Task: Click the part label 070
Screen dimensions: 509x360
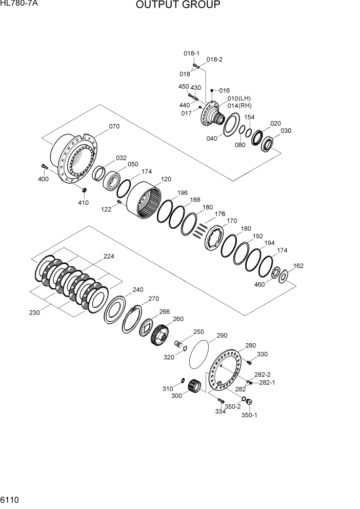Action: [x=114, y=127]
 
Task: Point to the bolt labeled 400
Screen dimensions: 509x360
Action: [x=44, y=167]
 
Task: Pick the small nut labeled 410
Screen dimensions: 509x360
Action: [x=85, y=191]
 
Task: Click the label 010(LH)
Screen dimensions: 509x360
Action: [x=239, y=98]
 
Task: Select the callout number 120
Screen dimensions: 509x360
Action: [x=166, y=180]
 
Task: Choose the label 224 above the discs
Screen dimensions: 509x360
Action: [x=109, y=257]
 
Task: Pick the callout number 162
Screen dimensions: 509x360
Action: [x=298, y=266]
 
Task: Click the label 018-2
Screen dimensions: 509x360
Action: [x=214, y=60]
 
